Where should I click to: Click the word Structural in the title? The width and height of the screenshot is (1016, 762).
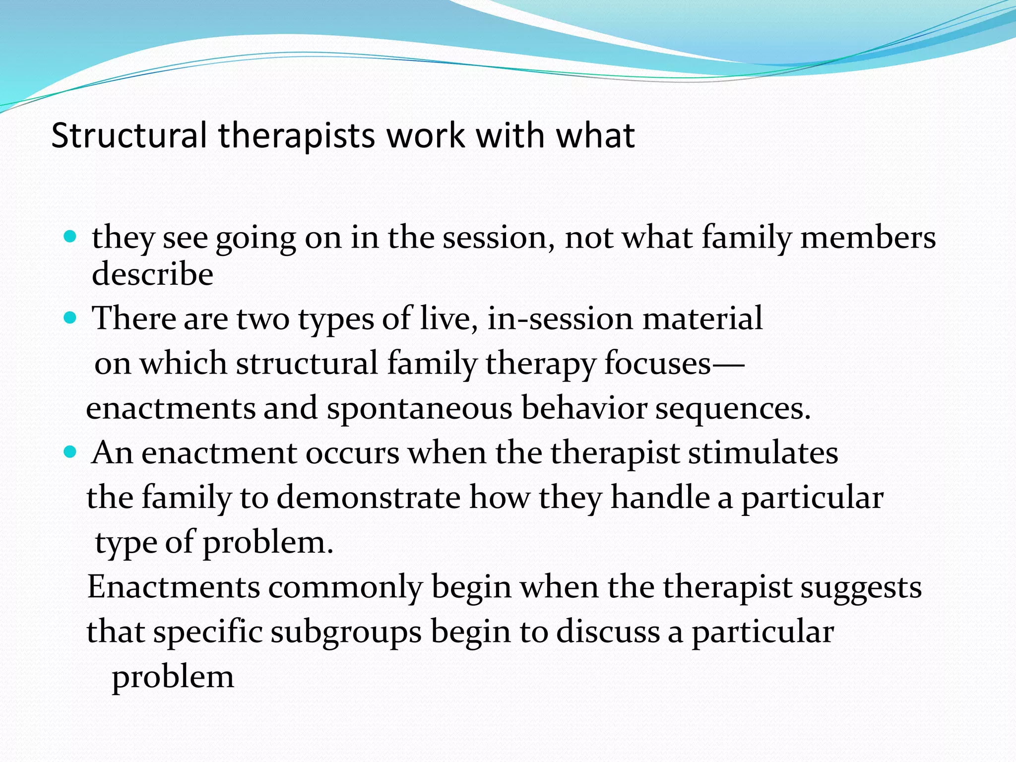click(x=128, y=135)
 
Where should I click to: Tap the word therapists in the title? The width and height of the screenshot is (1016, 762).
click(x=297, y=135)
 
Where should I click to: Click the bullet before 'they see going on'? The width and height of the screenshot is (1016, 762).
click(x=70, y=236)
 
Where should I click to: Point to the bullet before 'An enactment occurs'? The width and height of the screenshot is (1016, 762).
click(x=70, y=452)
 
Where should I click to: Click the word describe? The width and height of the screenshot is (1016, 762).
click(x=152, y=274)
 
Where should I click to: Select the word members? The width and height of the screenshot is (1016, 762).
click(x=868, y=237)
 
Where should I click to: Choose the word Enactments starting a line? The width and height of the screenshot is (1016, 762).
click(x=174, y=587)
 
